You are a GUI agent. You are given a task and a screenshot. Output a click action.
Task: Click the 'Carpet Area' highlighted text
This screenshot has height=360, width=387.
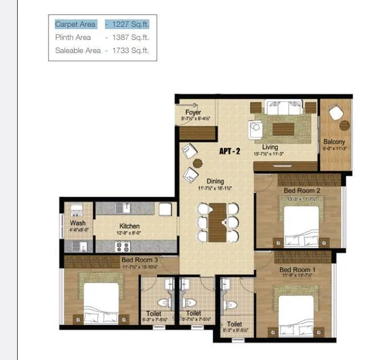(x=75, y=25)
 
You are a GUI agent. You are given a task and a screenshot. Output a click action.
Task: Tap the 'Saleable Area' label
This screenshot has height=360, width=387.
(x=78, y=51)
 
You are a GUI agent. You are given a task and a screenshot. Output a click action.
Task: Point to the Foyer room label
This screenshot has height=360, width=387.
(x=193, y=112)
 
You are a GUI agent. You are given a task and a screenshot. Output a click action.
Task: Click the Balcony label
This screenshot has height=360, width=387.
(x=334, y=141)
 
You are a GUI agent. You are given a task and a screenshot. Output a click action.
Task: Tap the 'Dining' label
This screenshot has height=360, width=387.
(x=215, y=181)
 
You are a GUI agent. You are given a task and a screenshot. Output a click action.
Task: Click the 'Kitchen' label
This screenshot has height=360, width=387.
(x=129, y=226)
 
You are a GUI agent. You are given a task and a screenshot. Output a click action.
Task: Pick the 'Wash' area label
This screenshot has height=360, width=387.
(x=78, y=223)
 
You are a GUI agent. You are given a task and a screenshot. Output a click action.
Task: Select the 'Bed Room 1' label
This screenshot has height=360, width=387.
(x=296, y=269)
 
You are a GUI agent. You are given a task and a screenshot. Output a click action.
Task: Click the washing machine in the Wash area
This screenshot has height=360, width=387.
(x=79, y=209)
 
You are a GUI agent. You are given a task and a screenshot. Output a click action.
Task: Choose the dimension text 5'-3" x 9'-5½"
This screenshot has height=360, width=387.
(x=235, y=329)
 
